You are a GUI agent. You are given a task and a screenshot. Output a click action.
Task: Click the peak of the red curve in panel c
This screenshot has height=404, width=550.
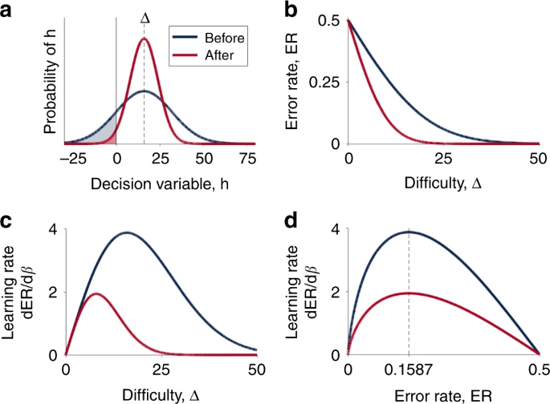96,293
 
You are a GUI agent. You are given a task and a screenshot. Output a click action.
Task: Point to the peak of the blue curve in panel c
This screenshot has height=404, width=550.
126,232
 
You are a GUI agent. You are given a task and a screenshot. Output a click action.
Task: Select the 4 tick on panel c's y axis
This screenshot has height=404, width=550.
52,231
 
